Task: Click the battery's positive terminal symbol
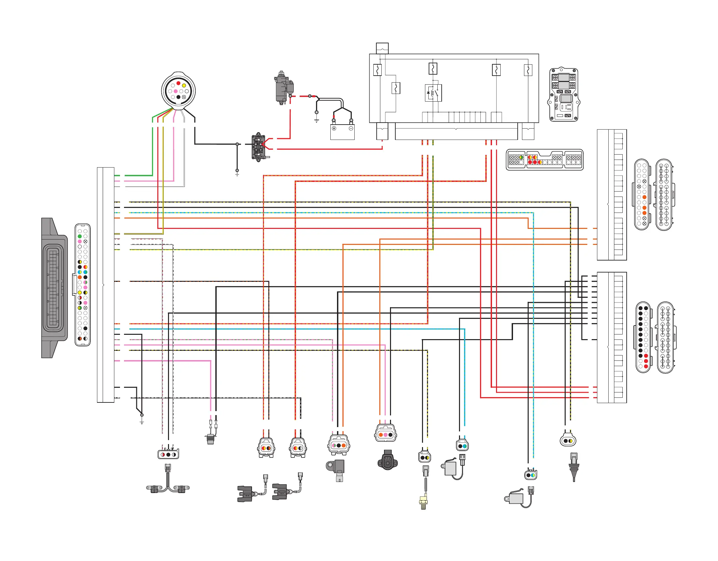[x=334, y=129]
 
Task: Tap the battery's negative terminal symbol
[x=351, y=129]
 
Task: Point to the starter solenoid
[x=258, y=147]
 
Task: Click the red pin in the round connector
[x=178, y=83]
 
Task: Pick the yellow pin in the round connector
[x=184, y=86]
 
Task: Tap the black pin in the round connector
[x=178, y=97]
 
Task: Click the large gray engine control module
[x=54, y=288]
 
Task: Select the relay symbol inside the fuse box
[x=433, y=93]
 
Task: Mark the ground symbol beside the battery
[x=316, y=120]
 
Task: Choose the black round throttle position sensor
[x=387, y=461]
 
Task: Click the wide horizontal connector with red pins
[x=544, y=160]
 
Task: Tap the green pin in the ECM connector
[x=80, y=236]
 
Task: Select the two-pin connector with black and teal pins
[x=462, y=446]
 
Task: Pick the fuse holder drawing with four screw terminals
[x=564, y=95]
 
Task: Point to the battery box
[x=342, y=132]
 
